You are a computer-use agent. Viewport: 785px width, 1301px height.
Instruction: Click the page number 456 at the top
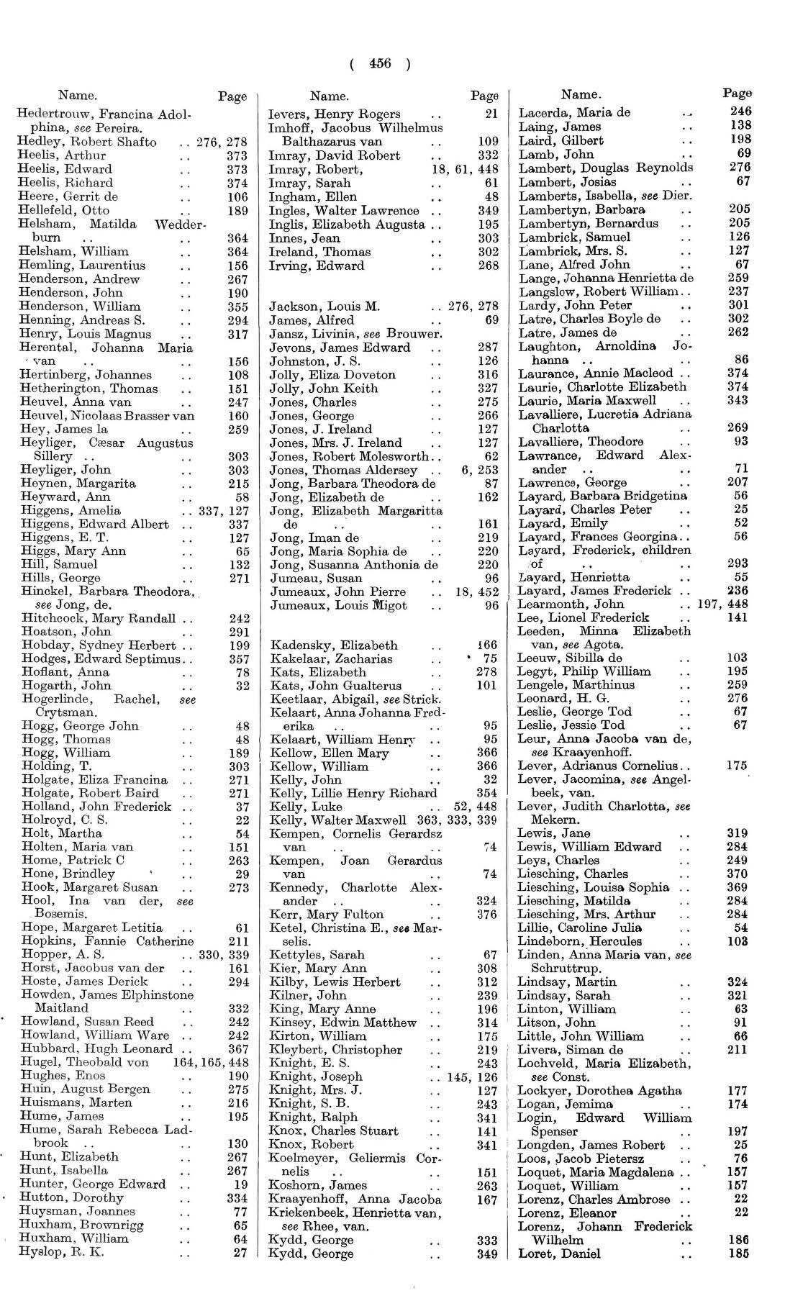pos(379,63)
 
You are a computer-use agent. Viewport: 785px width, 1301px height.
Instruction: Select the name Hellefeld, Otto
pos(64,210)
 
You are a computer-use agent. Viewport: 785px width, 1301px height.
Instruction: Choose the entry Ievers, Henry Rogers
pos(335,114)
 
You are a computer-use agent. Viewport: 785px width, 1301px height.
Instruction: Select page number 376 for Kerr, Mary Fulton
pos(487,915)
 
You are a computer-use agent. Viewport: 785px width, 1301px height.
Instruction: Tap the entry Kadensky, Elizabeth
pos(334,645)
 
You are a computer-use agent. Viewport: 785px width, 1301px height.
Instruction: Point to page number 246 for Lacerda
pos(740,112)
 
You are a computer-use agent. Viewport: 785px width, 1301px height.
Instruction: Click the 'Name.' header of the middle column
pos(330,96)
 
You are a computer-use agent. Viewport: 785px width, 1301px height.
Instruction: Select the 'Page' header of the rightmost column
pos(738,93)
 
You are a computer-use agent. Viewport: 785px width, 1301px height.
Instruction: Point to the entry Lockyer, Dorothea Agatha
pos(590,1090)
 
